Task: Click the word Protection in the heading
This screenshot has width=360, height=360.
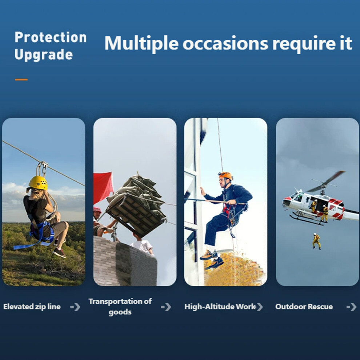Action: click(51, 37)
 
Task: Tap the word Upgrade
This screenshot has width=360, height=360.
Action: click(44, 55)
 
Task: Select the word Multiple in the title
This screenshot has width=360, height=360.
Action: click(141, 43)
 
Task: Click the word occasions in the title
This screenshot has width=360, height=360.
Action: click(225, 43)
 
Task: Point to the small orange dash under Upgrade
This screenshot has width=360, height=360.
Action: click(21, 80)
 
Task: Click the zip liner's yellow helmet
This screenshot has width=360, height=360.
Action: click(38, 183)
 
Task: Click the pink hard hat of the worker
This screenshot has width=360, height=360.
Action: click(97, 209)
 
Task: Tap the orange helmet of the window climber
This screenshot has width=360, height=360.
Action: click(225, 176)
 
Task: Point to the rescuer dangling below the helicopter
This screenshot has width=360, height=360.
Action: click(317, 241)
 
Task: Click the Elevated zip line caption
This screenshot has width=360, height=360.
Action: click(32, 307)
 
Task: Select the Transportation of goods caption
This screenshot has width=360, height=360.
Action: click(120, 307)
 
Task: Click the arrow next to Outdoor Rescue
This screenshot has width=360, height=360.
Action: click(352, 307)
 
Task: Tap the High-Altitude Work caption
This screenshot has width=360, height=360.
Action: click(220, 307)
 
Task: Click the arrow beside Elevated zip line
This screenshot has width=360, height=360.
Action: click(76, 307)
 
